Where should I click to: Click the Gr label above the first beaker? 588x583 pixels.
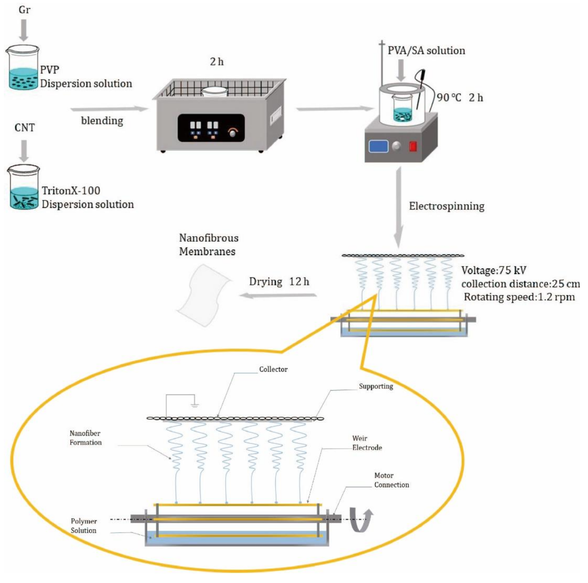tap(24, 10)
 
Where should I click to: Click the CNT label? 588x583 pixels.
tap(24, 127)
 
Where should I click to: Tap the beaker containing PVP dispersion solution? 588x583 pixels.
tap(23, 68)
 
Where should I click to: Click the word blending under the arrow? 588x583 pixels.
tap(102, 121)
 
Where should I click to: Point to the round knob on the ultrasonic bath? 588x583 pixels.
tap(232, 132)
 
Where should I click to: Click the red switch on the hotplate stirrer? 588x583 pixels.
tap(413, 146)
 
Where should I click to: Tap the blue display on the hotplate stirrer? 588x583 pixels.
tap(378, 146)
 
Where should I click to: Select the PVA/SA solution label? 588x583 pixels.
tap(426, 50)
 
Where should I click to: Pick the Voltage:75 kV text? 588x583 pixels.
tap(494, 270)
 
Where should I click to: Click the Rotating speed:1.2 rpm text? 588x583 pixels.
tap(519, 297)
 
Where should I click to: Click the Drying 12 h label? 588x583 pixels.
tap(279, 281)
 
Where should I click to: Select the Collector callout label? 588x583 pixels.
tap(273, 369)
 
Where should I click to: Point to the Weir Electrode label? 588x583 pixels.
tap(367, 443)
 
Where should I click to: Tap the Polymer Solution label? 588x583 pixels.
tap(84, 526)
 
